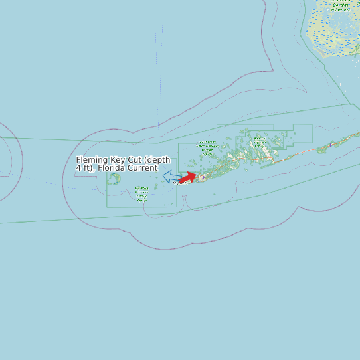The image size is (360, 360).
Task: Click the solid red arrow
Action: coord(188,177)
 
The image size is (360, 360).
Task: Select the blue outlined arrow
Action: coord(171,177)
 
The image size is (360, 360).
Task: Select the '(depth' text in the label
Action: coord(157,160)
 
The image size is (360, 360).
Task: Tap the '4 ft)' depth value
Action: coord(84,168)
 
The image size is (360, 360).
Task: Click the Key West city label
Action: coord(180,183)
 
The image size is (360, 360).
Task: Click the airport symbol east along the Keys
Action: coord(331,145)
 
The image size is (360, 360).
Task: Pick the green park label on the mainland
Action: coord(340,6)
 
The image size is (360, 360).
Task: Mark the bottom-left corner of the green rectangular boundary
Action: coord(108,207)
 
